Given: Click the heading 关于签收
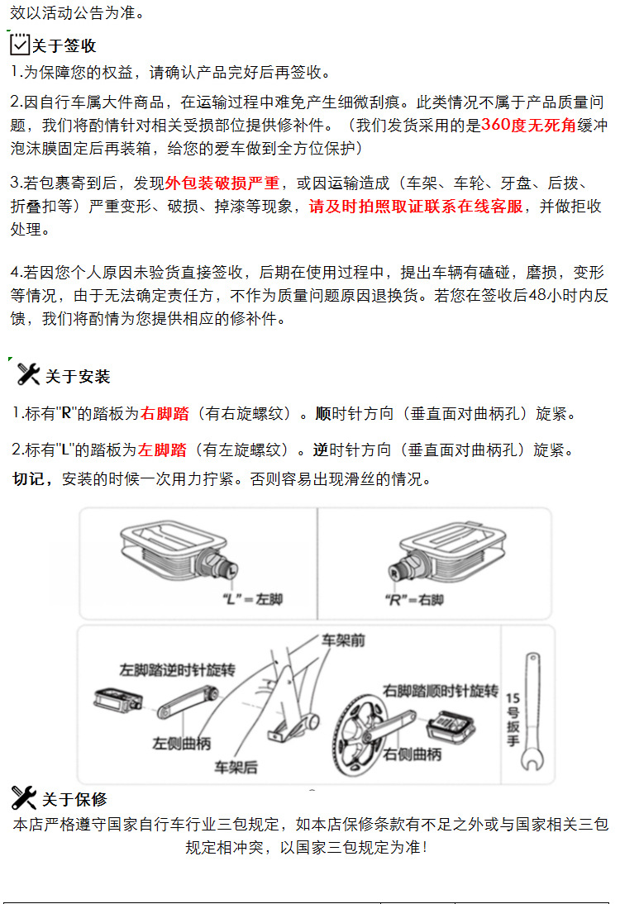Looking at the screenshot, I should click(x=64, y=46).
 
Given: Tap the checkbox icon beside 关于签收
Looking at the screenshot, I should click(x=20, y=45).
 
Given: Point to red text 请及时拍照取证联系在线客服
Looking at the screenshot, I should click(x=416, y=207).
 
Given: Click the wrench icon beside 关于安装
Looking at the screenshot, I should click(x=28, y=374).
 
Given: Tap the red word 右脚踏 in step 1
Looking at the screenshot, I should click(x=165, y=413).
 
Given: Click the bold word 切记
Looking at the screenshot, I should click(x=33, y=479).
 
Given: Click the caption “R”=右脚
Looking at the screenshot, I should click(x=414, y=599).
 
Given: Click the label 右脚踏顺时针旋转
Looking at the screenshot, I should click(x=441, y=690).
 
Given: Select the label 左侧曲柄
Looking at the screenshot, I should click(x=182, y=743).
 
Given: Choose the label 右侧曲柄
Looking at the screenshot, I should click(x=413, y=754).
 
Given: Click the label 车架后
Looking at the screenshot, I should click(x=236, y=768).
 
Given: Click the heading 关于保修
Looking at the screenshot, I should click(x=74, y=799).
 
